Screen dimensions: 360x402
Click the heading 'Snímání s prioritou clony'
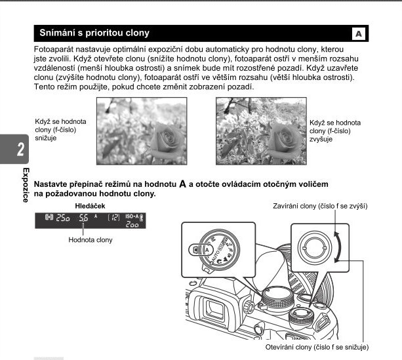click(94, 32)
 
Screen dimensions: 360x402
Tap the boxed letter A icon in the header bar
click(358, 33)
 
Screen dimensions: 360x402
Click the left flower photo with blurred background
click(140, 130)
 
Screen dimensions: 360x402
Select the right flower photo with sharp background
click(260, 130)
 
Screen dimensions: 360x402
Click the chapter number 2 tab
click(20, 149)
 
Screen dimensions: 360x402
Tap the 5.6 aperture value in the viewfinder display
click(83, 219)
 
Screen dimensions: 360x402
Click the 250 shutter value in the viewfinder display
click(62, 219)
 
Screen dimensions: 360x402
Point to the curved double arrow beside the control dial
click(338, 246)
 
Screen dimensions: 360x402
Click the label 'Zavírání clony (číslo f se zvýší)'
click(320, 206)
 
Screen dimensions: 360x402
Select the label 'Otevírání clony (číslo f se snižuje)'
click(317, 346)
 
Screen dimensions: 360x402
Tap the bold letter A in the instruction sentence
click(183, 184)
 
